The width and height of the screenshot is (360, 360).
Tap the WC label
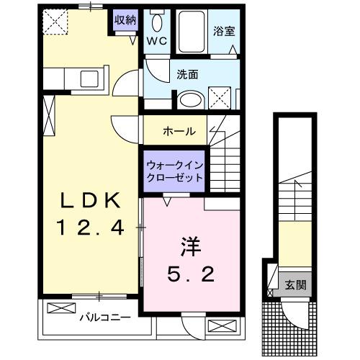157,41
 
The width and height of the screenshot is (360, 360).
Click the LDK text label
87,199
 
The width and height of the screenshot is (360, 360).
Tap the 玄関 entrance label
294,285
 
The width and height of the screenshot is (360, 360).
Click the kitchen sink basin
91,78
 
